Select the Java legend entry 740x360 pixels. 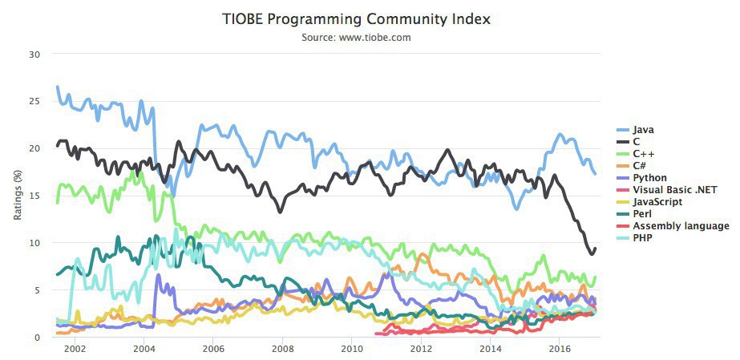click(x=643, y=129)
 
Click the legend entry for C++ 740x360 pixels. click(x=643, y=153)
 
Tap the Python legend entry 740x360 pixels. click(x=649, y=177)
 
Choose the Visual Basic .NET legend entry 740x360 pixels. click(x=674, y=190)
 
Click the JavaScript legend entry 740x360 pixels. click(x=657, y=202)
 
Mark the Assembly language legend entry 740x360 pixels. click(x=681, y=226)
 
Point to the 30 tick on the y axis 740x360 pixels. click(x=34, y=55)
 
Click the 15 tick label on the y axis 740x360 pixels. click(x=34, y=196)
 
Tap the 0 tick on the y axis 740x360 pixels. click(x=37, y=337)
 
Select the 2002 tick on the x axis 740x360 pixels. click(x=75, y=349)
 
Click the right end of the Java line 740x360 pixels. click(x=595, y=173)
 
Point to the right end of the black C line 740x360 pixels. click(x=595, y=249)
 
